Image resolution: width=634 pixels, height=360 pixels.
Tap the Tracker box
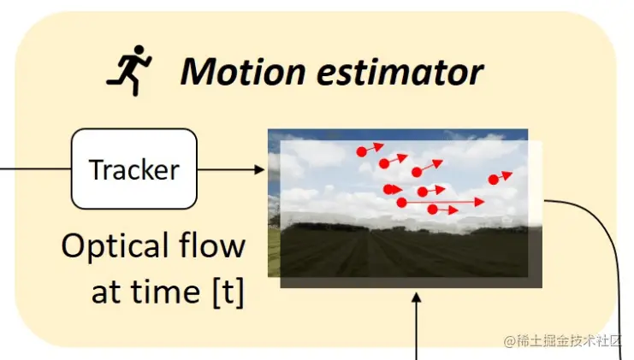[134, 169]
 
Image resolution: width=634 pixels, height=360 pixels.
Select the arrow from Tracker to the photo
[231, 169]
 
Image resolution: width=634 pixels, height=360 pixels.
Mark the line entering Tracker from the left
[34, 169]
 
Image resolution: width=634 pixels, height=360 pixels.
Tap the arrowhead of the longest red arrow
[479, 203]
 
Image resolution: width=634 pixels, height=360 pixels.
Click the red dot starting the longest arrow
[401, 203]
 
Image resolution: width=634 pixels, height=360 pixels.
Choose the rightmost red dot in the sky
[493, 180]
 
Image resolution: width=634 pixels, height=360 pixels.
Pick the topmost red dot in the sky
[361, 151]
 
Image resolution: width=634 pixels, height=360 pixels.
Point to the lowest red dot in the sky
[432, 210]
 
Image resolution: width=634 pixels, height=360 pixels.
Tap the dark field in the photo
[402, 252]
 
